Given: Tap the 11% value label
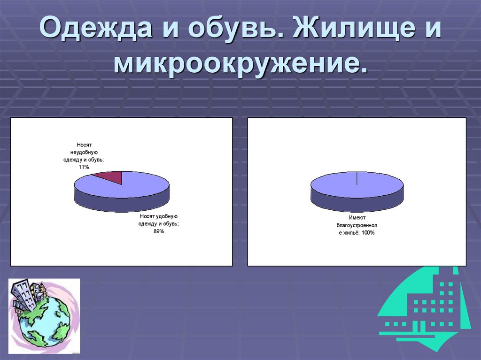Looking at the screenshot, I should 84,167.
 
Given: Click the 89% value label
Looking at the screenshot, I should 158,231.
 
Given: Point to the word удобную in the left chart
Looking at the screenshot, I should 165,216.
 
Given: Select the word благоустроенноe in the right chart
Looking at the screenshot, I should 357,225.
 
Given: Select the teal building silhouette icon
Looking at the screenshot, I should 425,307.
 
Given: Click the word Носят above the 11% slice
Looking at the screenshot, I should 85,145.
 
